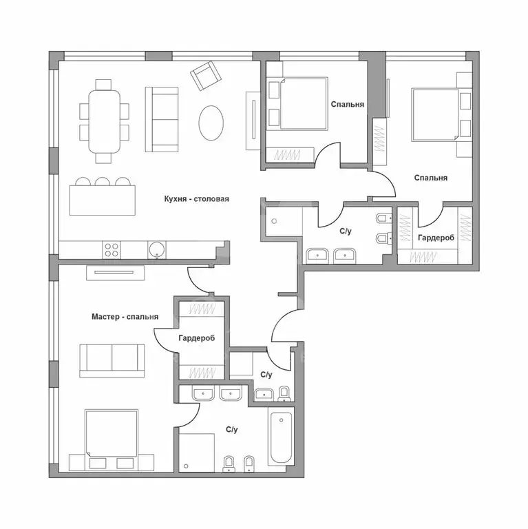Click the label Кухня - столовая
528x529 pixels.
click(197, 198)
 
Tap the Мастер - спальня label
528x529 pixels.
click(125, 317)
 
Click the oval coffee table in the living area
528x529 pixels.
click(211, 123)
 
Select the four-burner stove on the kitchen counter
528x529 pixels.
click(112, 250)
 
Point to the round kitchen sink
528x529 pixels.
click(157, 249)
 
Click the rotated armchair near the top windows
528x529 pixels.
click(206, 76)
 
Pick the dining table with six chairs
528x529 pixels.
click(105, 121)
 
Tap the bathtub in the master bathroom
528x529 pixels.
click(281, 437)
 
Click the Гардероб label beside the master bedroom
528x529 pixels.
click(197, 338)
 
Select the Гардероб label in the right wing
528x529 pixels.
click(436, 238)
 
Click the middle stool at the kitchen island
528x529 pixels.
click(102, 182)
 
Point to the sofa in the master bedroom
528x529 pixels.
click(112, 361)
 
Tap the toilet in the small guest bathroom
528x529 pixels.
click(284, 394)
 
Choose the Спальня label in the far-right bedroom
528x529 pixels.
click(430, 178)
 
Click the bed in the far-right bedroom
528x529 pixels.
click(435, 115)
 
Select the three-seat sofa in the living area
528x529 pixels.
click(162, 119)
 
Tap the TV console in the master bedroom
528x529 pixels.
click(116, 273)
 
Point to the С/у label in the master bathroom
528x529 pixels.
click(231, 430)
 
